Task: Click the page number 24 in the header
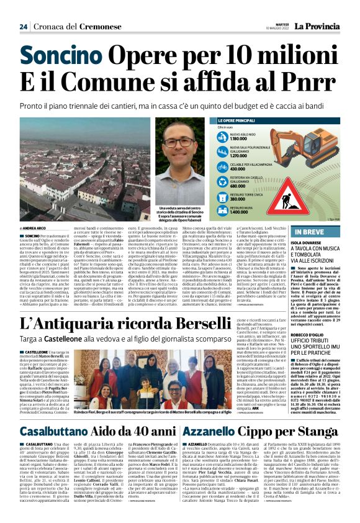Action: [x=23, y=27]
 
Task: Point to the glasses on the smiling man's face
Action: [x=178, y=142]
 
